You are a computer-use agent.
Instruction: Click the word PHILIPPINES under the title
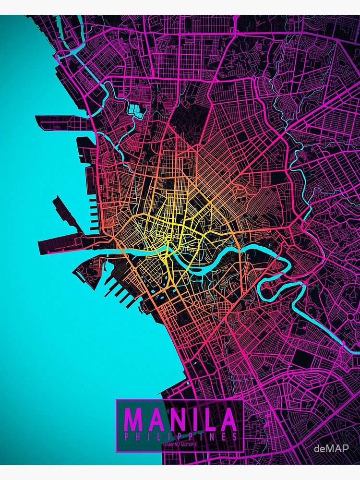point(180,437)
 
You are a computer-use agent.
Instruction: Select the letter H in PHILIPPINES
point(138,437)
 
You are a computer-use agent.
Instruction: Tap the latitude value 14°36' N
point(170,444)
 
